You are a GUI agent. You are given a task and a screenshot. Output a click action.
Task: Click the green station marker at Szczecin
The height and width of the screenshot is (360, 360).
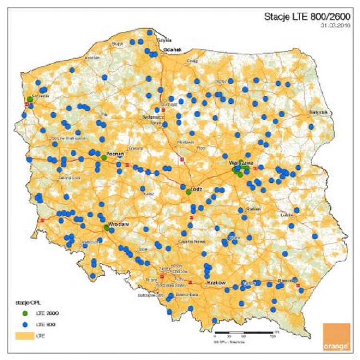point(30,99)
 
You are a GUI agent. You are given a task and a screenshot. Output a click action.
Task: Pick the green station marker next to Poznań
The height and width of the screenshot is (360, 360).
point(104,157)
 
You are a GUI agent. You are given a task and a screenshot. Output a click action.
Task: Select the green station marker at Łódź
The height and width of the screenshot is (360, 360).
point(189,192)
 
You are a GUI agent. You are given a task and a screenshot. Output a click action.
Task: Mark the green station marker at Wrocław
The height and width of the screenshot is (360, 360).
point(106,228)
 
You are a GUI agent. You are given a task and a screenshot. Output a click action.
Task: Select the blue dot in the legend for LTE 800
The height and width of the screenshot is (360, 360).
point(24,325)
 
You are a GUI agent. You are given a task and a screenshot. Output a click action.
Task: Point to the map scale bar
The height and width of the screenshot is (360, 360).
point(245,333)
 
